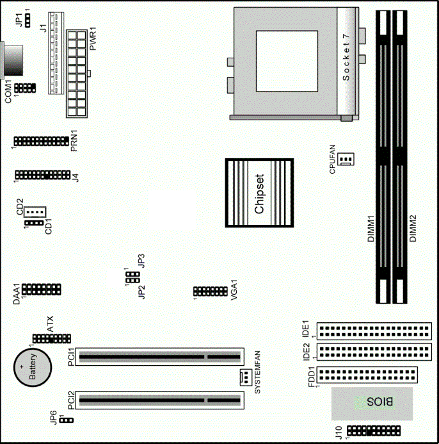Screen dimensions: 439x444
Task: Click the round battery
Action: pos(33,367)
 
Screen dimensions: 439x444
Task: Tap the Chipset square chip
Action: pos(259,193)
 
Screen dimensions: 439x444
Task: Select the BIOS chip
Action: pos(372,404)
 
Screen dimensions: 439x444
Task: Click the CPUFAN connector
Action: pos(346,159)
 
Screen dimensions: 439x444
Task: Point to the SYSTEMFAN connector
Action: pos(246,377)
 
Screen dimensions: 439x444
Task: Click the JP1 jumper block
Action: pos(28,20)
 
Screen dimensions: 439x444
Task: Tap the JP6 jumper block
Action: pos(67,420)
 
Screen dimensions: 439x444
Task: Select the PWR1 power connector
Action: pos(77,74)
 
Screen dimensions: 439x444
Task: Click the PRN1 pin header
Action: pos(42,141)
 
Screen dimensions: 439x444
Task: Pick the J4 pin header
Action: pos(43,175)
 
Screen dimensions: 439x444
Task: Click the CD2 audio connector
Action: pos(35,212)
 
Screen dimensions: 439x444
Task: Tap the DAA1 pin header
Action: pos(42,290)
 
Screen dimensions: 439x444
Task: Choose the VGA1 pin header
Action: pos(211,292)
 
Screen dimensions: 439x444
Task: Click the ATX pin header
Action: pos(52,339)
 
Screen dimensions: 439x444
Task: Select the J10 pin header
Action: pos(374,431)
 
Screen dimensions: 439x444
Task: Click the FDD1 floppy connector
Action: pos(367,375)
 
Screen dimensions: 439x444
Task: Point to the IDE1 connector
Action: pos(374,331)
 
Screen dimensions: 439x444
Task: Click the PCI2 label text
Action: pos(71,400)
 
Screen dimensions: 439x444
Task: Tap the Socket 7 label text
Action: pos(346,57)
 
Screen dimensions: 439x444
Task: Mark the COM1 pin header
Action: pos(25,88)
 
